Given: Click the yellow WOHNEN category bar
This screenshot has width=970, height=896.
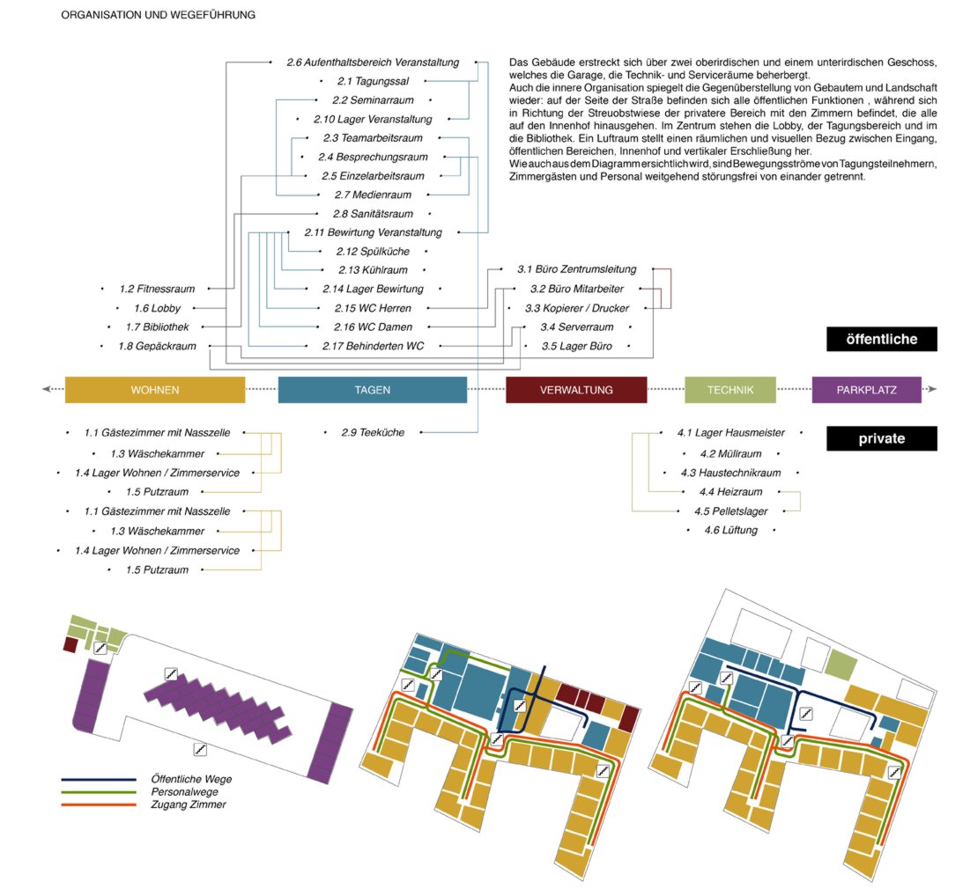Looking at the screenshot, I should click(x=155, y=390).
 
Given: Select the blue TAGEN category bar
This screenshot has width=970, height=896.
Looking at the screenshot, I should click(x=372, y=390).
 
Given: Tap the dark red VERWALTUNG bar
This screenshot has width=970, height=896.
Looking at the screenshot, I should click(x=576, y=390).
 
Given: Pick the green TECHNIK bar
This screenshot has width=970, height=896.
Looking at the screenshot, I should click(x=730, y=390).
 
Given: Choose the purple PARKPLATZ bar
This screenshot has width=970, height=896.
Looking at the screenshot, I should click(x=866, y=390).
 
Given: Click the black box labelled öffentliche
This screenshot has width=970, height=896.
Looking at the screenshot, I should click(x=881, y=339).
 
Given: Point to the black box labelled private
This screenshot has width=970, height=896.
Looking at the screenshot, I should click(x=881, y=438).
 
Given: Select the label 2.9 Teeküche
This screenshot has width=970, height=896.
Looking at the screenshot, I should click(x=373, y=433).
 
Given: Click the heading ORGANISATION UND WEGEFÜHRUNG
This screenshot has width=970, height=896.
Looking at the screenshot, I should click(x=159, y=16).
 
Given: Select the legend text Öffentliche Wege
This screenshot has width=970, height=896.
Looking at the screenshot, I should click(x=192, y=779).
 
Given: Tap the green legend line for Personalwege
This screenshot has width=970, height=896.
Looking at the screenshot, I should click(x=99, y=791).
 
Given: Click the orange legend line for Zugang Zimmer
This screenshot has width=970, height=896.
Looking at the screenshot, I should click(x=99, y=804).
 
